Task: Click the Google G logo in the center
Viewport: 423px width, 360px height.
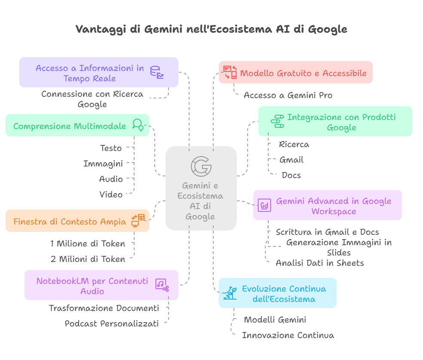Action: (x=201, y=166)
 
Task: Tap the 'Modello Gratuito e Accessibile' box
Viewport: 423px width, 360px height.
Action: (x=295, y=73)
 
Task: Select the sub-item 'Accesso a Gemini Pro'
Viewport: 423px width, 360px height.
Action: (x=288, y=95)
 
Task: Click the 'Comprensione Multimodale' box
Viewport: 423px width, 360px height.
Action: (x=77, y=126)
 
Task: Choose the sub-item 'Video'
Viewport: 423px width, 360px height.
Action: (x=111, y=194)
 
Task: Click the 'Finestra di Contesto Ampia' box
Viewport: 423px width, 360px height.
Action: (x=77, y=222)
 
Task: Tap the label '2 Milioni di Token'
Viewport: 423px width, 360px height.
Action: (x=88, y=259)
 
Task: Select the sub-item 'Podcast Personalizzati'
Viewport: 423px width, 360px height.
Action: (x=112, y=323)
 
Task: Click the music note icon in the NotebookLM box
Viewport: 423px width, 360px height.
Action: (x=162, y=284)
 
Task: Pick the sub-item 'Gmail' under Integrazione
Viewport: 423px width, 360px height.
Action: (x=291, y=160)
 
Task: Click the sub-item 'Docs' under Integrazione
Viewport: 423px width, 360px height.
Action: (x=291, y=175)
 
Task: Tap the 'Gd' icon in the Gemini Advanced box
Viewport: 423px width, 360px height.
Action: (x=264, y=206)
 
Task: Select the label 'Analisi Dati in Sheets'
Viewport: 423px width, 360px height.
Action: (x=319, y=263)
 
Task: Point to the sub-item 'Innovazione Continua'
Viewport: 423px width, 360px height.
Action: (x=288, y=335)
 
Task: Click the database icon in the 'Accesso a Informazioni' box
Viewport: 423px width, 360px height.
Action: (x=156, y=72)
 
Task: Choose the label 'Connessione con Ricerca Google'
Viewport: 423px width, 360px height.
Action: (x=92, y=99)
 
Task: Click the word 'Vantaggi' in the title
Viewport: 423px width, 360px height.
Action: (x=97, y=29)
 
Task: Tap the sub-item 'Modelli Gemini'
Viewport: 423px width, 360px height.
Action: (x=275, y=320)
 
